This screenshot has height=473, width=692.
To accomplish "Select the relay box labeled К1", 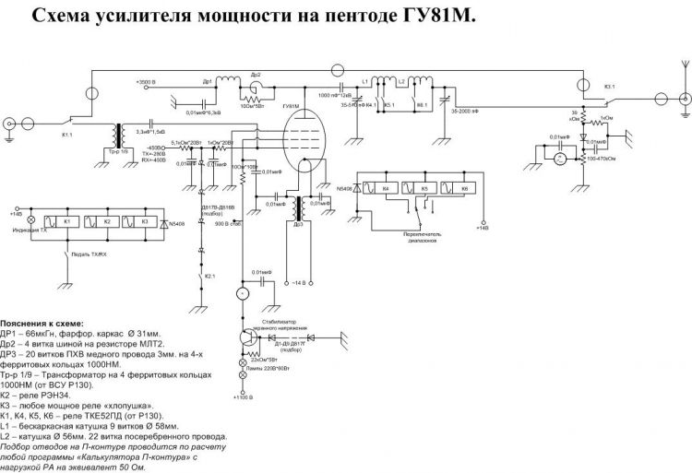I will coord(66,222).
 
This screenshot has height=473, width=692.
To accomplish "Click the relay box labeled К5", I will coord(424,188).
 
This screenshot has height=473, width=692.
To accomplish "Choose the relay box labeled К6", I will coord(464,188).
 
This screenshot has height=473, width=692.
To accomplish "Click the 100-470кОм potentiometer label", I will coord(605,159).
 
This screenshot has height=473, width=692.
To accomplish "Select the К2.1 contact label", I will coord(211,275).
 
